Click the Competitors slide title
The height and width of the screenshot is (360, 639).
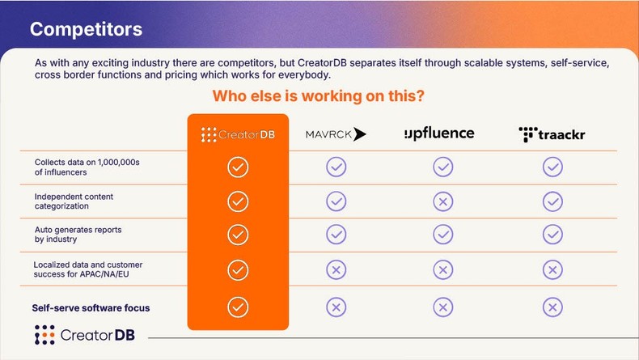click(x=86, y=30)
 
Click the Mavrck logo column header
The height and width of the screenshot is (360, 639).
click(x=336, y=134)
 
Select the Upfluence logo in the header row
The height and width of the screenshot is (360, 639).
click(x=439, y=133)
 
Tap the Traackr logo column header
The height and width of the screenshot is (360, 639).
click(x=552, y=134)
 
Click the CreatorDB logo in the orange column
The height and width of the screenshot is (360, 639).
click(x=238, y=135)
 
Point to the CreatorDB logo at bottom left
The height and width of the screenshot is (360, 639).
click(x=80, y=335)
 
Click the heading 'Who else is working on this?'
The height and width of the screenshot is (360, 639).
click(x=319, y=96)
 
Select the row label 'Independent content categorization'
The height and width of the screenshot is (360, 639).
click(x=74, y=201)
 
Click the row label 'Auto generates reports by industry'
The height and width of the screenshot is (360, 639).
click(x=78, y=235)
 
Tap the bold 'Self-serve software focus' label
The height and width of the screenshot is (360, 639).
click(x=91, y=308)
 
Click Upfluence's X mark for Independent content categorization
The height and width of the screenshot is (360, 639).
click(x=442, y=201)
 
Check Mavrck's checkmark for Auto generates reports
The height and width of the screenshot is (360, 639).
click(x=336, y=235)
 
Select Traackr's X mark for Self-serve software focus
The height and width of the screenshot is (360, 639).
click(x=552, y=307)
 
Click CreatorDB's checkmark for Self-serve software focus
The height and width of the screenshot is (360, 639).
click(x=238, y=307)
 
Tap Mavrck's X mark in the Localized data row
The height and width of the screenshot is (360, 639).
click(x=336, y=269)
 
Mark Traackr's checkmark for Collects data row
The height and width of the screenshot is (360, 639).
click(x=552, y=167)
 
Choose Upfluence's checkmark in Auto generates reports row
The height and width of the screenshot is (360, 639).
click(x=442, y=235)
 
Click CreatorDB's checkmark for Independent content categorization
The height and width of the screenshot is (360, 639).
click(x=238, y=201)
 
